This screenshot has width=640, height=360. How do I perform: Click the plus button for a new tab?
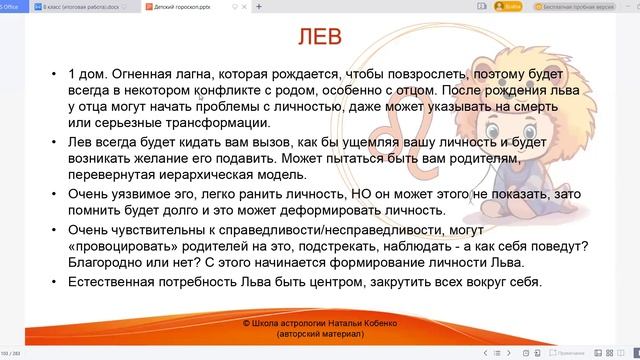click(259, 6)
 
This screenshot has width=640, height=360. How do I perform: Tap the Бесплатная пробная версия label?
click(591, 6)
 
